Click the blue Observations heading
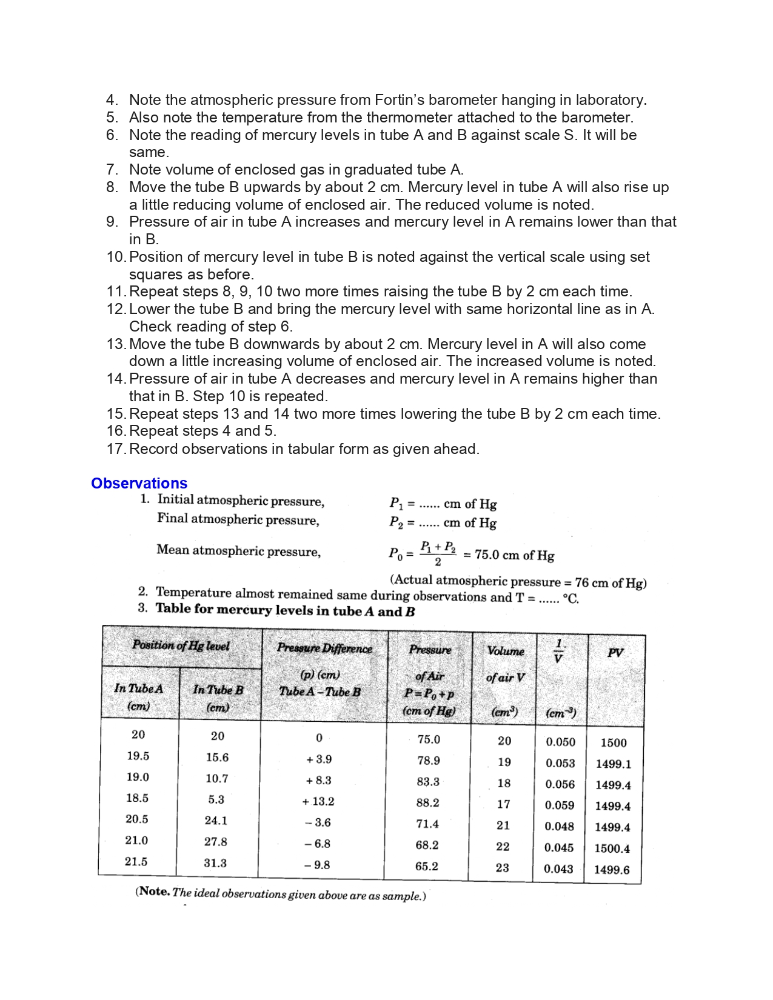point(139,483)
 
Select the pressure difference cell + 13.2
point(318,801)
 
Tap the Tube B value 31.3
point(215,863)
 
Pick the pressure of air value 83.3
point(428,781)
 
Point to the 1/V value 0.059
point(559,805)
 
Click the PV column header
point(615,653)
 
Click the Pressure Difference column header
point(324,648)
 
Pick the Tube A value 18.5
point(137,798)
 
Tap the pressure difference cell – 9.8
point(317,865)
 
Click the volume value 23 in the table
point(502,867)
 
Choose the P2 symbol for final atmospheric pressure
point(395,522)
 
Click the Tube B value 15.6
point(217,757)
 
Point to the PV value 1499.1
point(613,764)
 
